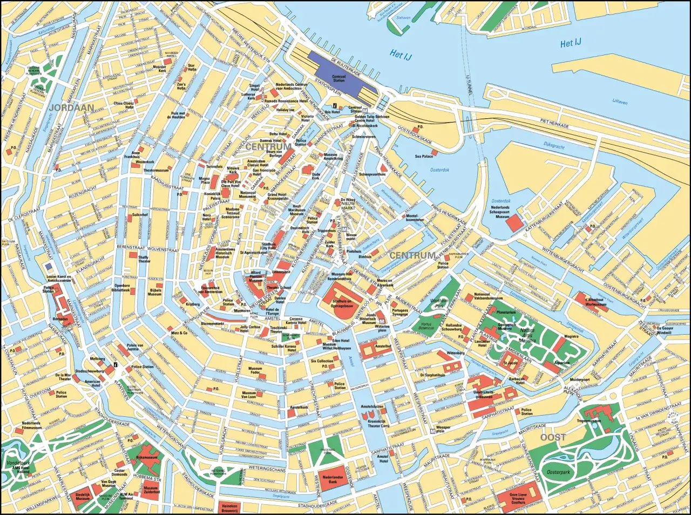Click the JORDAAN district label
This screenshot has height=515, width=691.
tap(71, 107)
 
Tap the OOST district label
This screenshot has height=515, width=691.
tap(553, 437)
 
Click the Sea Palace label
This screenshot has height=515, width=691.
tap(424, 156)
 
